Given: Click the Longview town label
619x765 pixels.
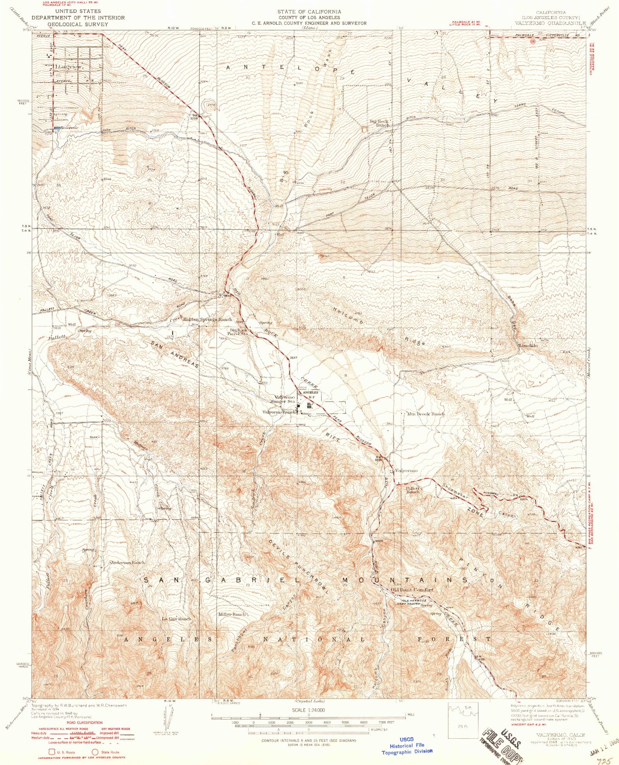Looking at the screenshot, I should [x=69, y=67].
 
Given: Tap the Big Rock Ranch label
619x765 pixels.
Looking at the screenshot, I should [x=379, y=123].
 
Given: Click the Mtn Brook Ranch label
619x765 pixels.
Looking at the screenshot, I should [x=426, y=414].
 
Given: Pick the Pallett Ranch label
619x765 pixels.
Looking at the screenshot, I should [x=413, y=490].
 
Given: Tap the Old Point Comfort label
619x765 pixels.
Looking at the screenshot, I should [x=412, y=589].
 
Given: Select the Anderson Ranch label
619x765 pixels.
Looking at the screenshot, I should [x=128, y=562].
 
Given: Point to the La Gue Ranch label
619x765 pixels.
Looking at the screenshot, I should [x=176, y=618].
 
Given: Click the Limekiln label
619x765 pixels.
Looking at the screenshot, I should [x=528, y=345].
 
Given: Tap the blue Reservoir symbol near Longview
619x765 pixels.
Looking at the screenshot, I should [x=57, y=128].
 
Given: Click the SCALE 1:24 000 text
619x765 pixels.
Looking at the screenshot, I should [x=308, y=710].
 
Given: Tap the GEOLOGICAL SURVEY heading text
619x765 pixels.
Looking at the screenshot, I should [x=78, y=24].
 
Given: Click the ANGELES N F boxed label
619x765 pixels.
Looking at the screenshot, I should [x=310, y=394].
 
